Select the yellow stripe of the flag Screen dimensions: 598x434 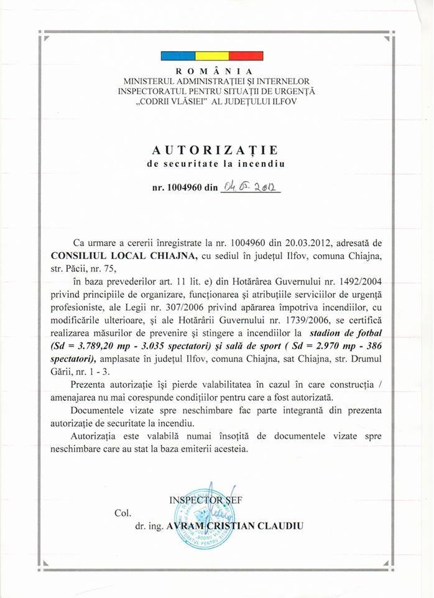pyautogui.click(x=213, y=56)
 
